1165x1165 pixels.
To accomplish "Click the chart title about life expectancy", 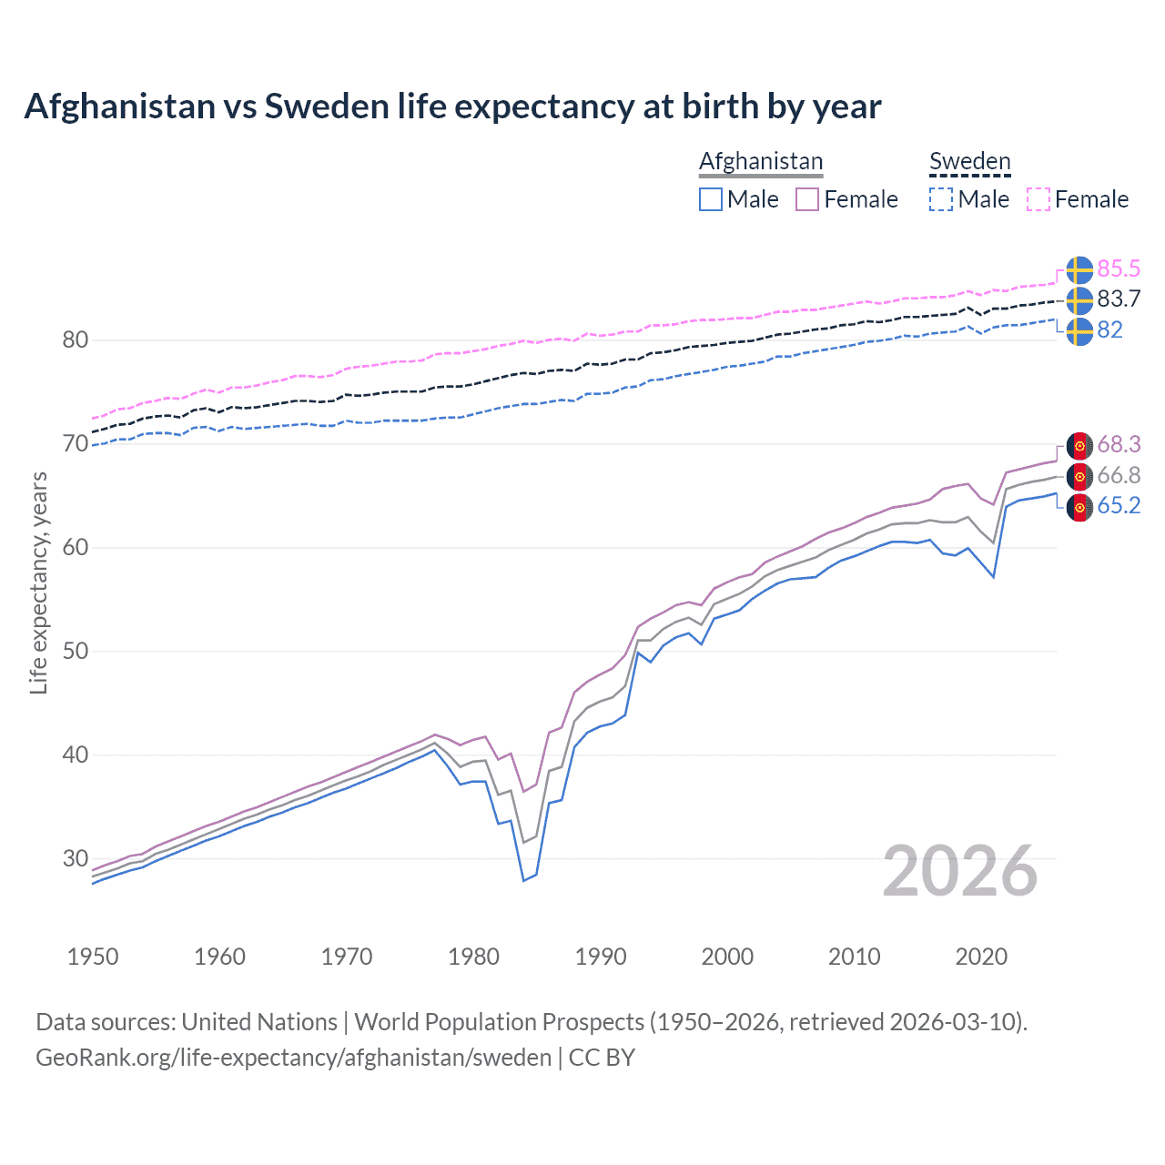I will tap(452, 106).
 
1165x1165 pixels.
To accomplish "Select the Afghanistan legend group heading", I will tap(761, 161).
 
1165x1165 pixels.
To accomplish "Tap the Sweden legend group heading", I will tap(969, 161).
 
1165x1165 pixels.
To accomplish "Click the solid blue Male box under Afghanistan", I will tap(711, 199).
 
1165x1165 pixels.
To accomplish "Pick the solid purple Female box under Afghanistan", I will tap(807, 199).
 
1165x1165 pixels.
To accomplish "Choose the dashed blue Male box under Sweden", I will tap(941, 199).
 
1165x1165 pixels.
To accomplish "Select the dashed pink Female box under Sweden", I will tap(1038, 199).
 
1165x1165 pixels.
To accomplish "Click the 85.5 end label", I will tap(1119, 268).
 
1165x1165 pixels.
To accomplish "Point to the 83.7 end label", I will tap(1119, 299).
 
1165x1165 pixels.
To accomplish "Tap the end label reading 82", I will tap(1109, 329).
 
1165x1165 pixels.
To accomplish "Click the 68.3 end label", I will tap(1119, 444).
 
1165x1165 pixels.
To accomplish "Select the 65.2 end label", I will tap(1119, 506).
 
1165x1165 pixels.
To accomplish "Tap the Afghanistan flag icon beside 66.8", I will tap(1079, 476).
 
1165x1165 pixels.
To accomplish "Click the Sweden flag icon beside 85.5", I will tap(1079, 269).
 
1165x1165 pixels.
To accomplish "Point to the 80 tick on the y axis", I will tap(75, 340).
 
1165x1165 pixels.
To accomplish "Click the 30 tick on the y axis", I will tap(75, 858).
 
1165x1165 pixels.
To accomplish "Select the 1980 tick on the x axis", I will tap(473, 957).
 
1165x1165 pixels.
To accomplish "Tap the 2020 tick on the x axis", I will tap(981, 957).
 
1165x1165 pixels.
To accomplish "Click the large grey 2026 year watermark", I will tap(960, 871).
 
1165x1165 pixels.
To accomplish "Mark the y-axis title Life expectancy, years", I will tap(39, 582).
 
